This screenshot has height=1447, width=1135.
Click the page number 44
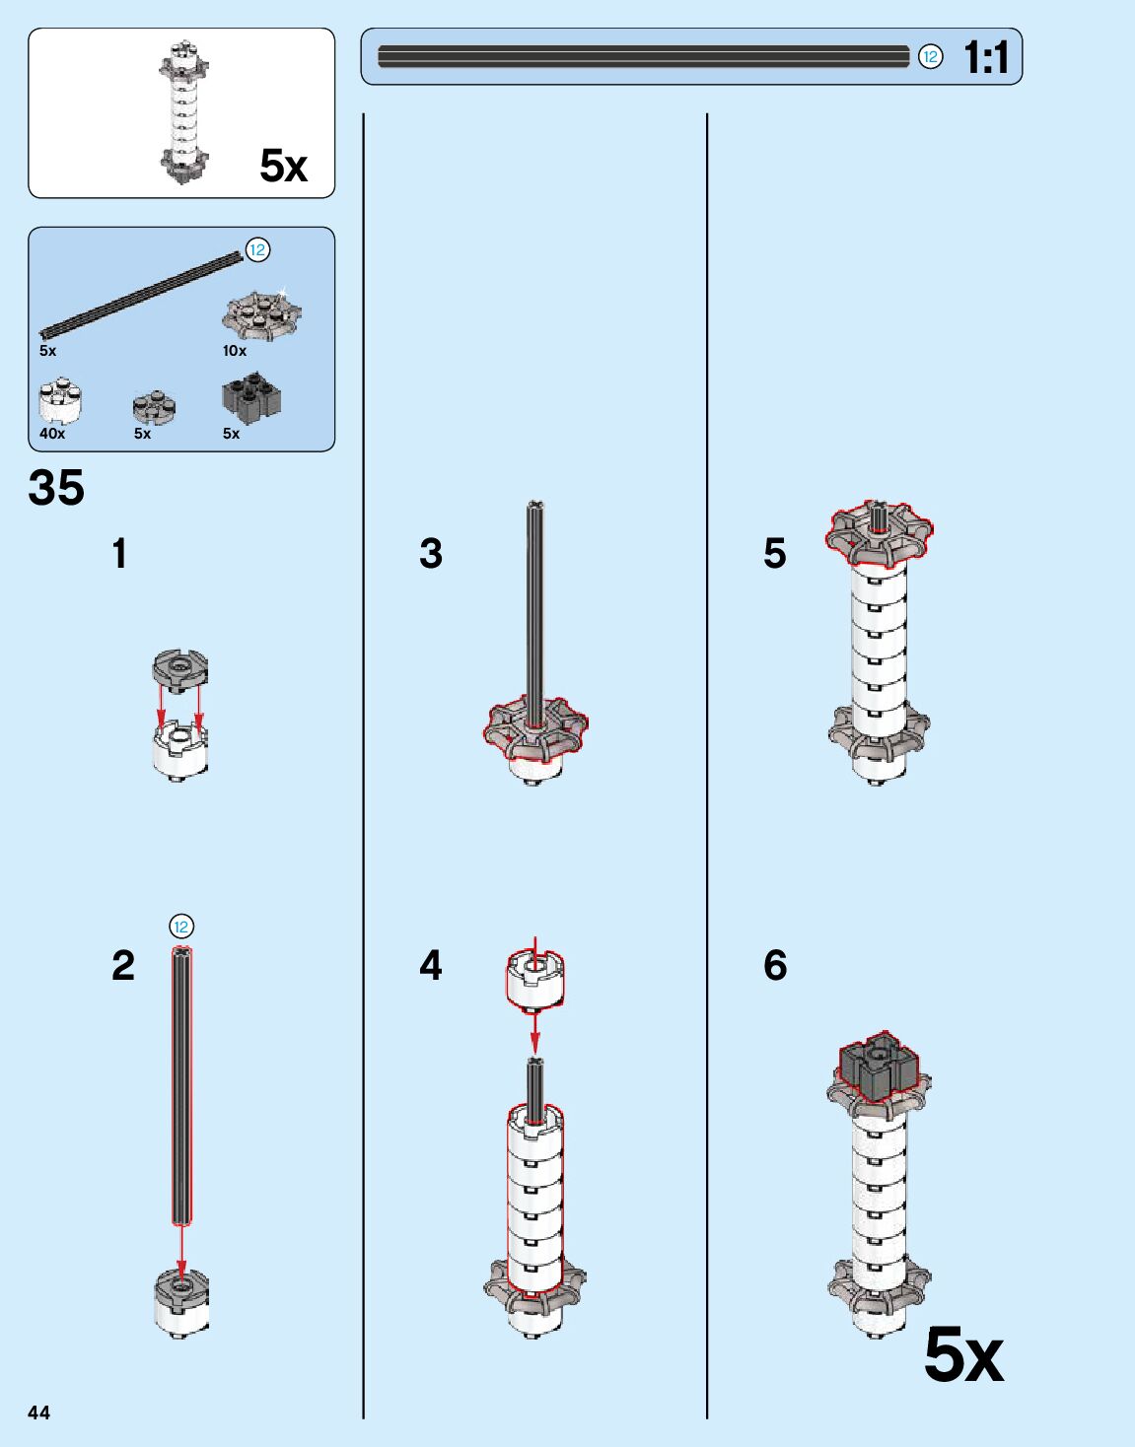click(x=38, y=1413)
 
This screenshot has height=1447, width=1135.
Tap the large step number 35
click(x=56, y=488)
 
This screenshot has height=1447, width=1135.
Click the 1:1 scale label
click(x=986, y=57)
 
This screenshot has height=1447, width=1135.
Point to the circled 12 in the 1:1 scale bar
click(x=930, y=57)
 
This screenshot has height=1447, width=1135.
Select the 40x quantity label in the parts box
click(x=52, y=434)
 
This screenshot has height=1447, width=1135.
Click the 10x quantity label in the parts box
click(x=235, y=351)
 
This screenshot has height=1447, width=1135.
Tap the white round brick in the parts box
click(x=60, y=400)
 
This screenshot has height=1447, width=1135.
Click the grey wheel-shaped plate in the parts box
click(x=261, y=315)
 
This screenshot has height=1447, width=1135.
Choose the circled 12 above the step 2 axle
click(x=180, y=927)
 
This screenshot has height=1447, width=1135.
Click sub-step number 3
click(x=431, y=554)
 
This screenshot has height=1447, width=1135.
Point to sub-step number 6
click(x=775, y=966)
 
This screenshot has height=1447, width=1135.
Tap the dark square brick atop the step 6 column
click(x=878, y=1068)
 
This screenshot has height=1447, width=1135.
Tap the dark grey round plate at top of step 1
click(x=180, y=669)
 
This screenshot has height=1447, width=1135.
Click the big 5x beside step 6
click(x=963, y=1356)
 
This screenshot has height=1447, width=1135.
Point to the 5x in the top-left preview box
click(x=284, y=166)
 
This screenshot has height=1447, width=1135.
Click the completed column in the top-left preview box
click(x=183, y=113)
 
